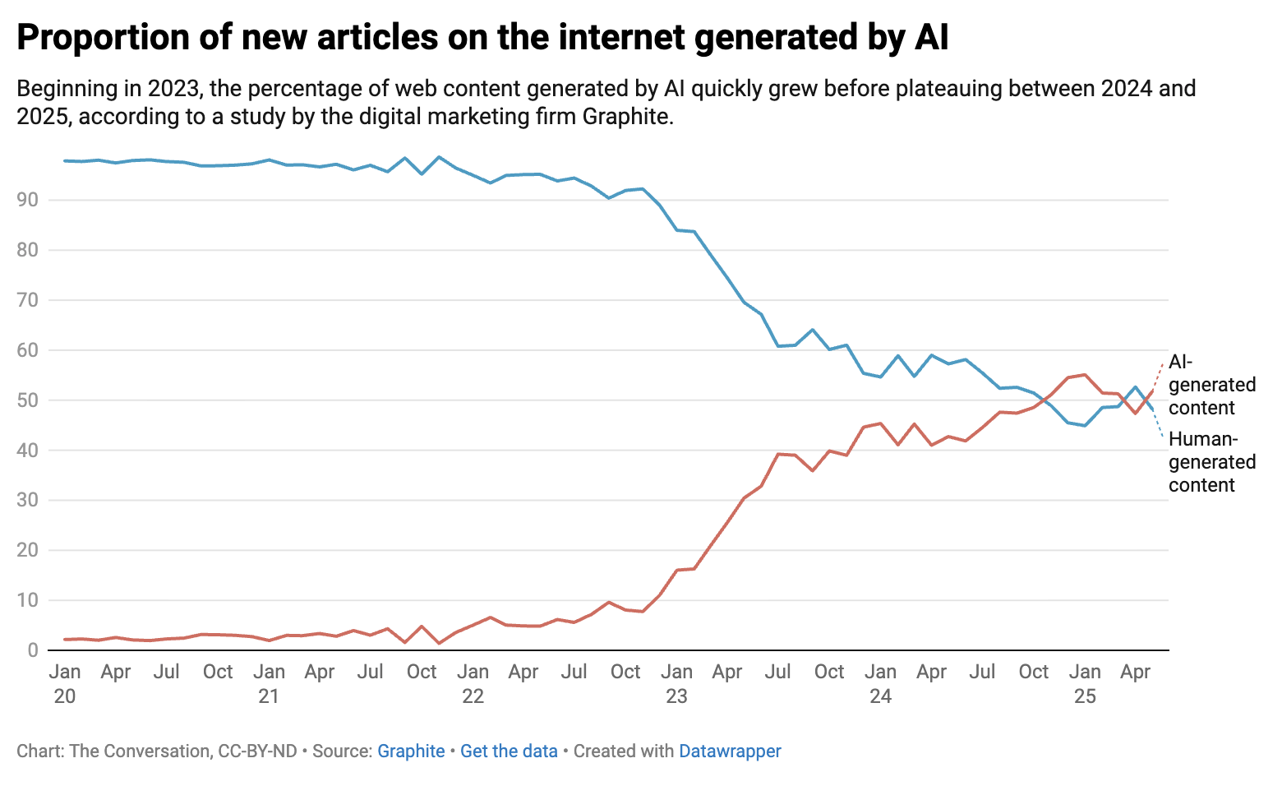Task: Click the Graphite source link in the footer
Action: [411, 751]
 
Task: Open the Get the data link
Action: [509, 751]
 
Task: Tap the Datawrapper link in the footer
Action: [730, 751]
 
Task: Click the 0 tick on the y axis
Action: [33, 650]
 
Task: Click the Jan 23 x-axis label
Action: [676, 684]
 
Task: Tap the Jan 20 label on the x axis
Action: [65, 684]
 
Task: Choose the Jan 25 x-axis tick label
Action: [1085, 684]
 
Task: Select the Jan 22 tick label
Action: [473, 684]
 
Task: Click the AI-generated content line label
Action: [1211, 385]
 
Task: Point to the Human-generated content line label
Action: [1211, 462]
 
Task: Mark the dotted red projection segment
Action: [1158, 375]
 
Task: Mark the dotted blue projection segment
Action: [1158, 423]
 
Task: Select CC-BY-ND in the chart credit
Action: [257, 751]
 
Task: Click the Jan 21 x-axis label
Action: [269, 684]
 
